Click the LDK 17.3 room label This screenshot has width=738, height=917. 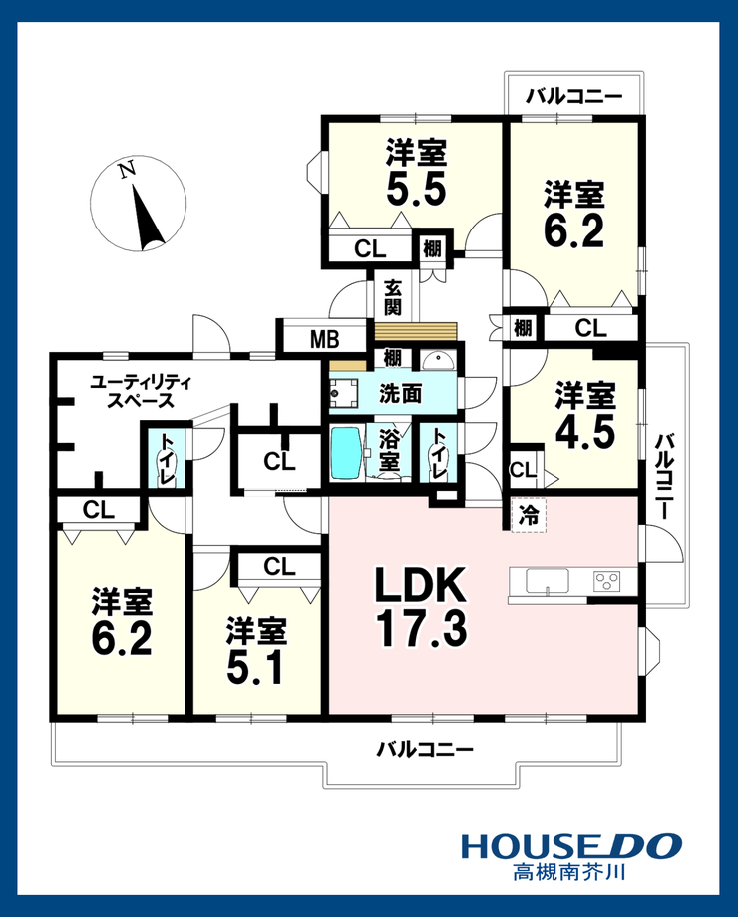(x=421, y=607)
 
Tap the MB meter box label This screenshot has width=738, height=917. (x=324, y=339)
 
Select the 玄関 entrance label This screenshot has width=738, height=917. (x=393, y=297)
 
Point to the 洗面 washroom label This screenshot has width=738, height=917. (x=400, y=394)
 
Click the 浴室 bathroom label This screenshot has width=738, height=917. (x=389, y=450)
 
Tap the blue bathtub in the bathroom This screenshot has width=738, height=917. (x=346, y=454)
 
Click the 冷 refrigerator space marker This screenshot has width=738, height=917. (x=529, y=515)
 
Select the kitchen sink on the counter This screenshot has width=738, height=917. (x=547, y=581)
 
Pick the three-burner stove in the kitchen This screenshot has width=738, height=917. (x=607, y=582)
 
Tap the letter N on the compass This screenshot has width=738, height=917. (x=127, y=170)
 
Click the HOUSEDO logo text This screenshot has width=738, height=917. (x=570, y=846)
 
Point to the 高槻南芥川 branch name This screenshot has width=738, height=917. (x=570, y=872)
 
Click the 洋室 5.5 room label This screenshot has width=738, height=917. (x=416, y=173)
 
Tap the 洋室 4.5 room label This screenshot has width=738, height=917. (x=585, y=415)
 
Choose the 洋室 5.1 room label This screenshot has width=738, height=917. (x=256, y=650)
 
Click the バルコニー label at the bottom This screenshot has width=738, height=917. (x=425, y=749)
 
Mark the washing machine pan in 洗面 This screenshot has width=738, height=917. (x=344, y=393)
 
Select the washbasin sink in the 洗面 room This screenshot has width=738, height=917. (x=438, y=361)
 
